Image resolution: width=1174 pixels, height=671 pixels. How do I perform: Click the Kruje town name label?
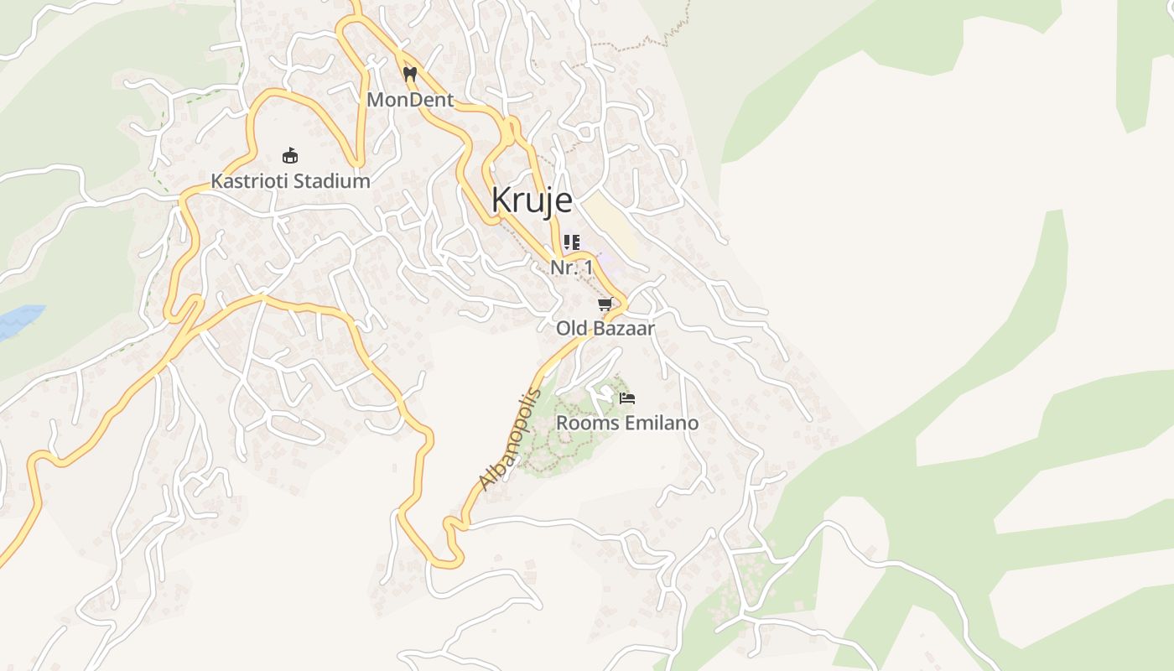click(532, 200)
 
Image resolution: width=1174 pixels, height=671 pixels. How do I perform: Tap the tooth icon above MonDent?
click(410, 74)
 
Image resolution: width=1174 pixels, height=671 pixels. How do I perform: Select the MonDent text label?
click(410, 100)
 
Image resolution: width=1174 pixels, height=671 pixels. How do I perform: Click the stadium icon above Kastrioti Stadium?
click(290, 155)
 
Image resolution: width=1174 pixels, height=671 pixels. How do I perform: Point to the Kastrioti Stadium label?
click(290, 180)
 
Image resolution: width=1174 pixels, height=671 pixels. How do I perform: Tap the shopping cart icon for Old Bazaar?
click(605, 304)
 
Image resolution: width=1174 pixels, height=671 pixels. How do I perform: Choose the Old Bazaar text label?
click(605, 328)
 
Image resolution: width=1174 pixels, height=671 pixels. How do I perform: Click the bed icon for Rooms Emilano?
click(626, 398)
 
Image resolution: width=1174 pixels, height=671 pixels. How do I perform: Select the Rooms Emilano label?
click(627, 423)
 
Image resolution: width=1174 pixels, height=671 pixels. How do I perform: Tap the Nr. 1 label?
click(571, 268)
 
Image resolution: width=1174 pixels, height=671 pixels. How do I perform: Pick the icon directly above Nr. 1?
click(572, 243)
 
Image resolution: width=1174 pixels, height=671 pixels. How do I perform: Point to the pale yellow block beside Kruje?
click(610, 222)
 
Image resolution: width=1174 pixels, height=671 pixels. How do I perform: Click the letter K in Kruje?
click(501, 200)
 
